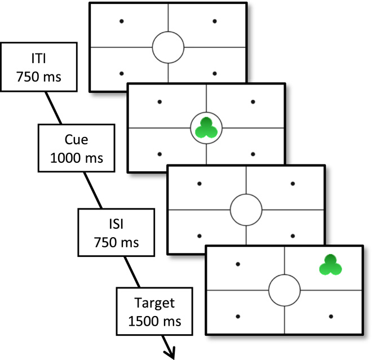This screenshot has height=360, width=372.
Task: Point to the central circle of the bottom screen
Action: [284, 291]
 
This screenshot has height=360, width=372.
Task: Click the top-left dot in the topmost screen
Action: [122, 21]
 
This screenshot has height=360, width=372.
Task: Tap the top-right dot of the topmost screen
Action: [215, 21]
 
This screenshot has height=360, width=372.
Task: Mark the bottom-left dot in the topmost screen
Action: [122, 73]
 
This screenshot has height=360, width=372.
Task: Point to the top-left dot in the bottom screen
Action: [237, 264]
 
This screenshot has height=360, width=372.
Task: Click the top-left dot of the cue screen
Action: [160, 102]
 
